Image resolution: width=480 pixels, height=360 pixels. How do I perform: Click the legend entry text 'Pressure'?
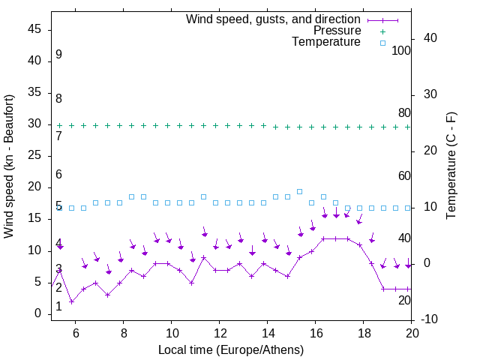(337, 31)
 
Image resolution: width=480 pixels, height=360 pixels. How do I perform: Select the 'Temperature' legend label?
(326, 42)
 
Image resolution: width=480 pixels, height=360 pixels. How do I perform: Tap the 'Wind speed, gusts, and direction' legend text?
(274, 19)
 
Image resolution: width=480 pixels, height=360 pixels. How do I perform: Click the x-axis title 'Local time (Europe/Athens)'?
(231, 349)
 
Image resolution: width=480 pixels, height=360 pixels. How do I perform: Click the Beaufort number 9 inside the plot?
(58, 55)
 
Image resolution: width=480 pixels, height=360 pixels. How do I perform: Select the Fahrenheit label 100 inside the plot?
(401, 50)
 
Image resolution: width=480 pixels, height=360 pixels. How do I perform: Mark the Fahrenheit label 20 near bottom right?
(404, 300)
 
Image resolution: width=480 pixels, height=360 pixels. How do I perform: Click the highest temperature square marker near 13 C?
(299, 191)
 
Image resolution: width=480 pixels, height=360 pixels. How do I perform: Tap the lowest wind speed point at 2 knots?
(71, 301)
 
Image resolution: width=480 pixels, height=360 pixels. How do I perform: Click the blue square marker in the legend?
(382, 43)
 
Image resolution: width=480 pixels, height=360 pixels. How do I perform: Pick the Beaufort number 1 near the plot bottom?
(58, 307)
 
